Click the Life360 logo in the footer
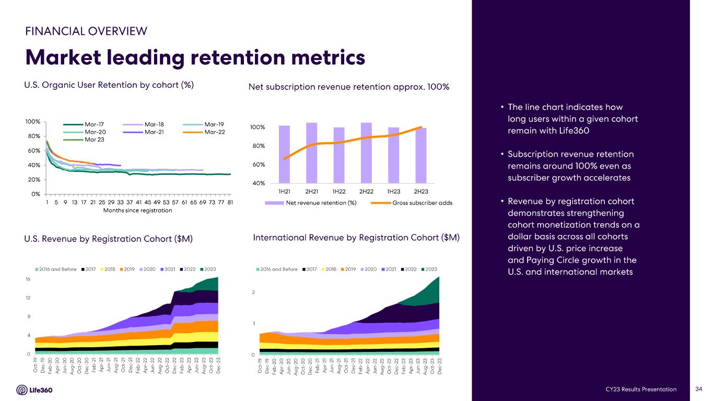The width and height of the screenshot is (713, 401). pos(34,390)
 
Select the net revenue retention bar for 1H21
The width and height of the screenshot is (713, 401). pos(284,154)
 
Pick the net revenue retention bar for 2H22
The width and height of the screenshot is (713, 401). pos(366,152)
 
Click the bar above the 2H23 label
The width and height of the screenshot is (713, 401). pos(420,155)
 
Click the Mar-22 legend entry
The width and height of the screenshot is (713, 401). pos(213,132)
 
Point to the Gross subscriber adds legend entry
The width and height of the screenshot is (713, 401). pos(422,203)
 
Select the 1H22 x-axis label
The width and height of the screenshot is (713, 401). pos(339,192)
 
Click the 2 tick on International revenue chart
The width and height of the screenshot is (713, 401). pos(253,292)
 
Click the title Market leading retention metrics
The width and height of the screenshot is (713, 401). pos(195,57)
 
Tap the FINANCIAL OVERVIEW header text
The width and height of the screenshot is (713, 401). pos(86,31)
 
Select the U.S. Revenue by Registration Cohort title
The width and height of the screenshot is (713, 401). pos(109,239)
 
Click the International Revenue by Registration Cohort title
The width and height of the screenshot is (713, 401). pos(356,238)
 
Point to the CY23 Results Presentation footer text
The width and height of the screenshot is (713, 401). pos(641,390)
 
